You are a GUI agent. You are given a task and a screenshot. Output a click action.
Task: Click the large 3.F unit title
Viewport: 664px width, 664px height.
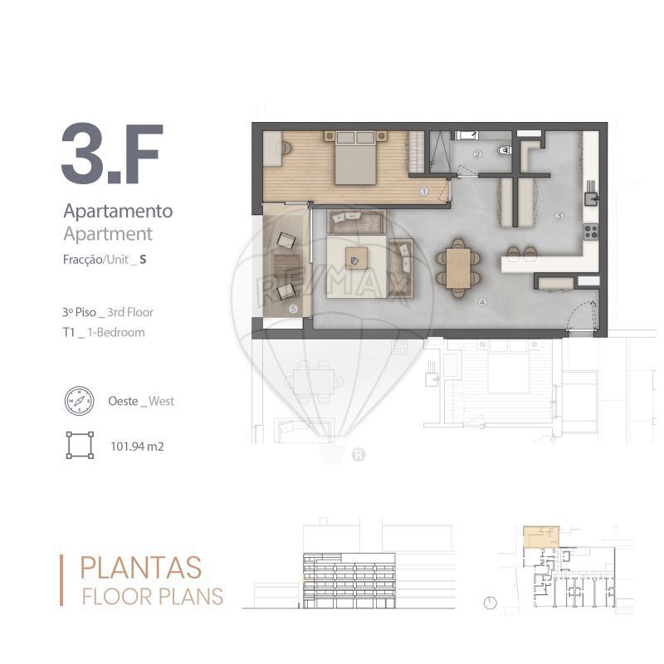pyautogui.click(x=112, y=154)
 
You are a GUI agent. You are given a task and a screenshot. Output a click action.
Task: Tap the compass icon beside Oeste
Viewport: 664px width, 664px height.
pyautogui.click(x=79, y=401)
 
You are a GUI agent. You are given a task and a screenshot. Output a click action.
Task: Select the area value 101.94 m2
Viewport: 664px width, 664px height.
pyautogui.click(x=137, y=447)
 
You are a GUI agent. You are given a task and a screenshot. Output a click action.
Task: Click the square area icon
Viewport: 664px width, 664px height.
pyautogui.click(x=80, y=445)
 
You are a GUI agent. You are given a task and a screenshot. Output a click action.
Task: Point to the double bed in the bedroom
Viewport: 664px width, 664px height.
pyautogui.click(x=355, y=158)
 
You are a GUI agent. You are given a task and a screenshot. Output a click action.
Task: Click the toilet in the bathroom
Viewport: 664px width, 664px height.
pyautogui.click(x=505, y=150)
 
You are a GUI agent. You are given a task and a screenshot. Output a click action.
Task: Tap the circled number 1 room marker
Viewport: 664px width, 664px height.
pyautogui.click(x=424, y=191)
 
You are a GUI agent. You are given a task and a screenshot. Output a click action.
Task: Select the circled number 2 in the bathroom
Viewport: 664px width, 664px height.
pyautogui.click(x=478, y=154)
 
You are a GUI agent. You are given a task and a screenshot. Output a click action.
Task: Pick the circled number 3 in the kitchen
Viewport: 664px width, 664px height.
pyautogui.click(x=559, y=216)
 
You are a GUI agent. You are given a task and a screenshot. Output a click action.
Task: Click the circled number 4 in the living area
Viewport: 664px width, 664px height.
pyautogui.click(x=482, y=302)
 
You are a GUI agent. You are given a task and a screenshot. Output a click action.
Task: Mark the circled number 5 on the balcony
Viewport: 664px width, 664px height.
pyautogui.click(x=294, y=309)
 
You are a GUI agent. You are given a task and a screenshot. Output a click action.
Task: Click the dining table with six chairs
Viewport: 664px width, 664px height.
pyautogui.click(x=459, y=268)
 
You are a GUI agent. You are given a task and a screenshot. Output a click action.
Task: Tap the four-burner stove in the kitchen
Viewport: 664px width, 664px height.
pyautogui.click(x=591, y=232)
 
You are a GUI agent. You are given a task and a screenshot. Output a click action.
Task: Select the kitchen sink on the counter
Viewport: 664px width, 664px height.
pyautogui.click(x=591, y=198)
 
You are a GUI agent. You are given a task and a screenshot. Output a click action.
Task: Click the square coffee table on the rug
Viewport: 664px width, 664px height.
pyautogui.click(x=356, y=258)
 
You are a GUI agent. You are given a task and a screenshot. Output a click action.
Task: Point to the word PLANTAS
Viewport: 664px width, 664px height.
pyautogui.click(x=140, y=568)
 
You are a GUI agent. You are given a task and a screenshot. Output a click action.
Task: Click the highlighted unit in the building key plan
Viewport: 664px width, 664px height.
pyautogui.click(x=541, y=536)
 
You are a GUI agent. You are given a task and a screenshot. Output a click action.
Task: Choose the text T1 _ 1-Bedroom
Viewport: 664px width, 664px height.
pyautogui.click(x=104, y=333)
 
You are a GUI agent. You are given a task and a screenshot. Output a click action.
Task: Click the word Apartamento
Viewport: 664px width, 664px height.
pyautogui.click(x=118, y=211)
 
